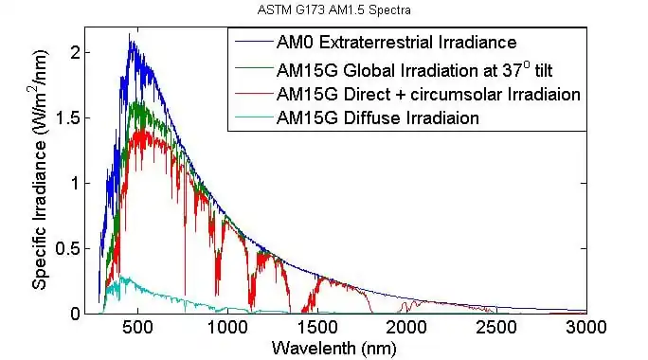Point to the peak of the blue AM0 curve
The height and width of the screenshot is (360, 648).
131,36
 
